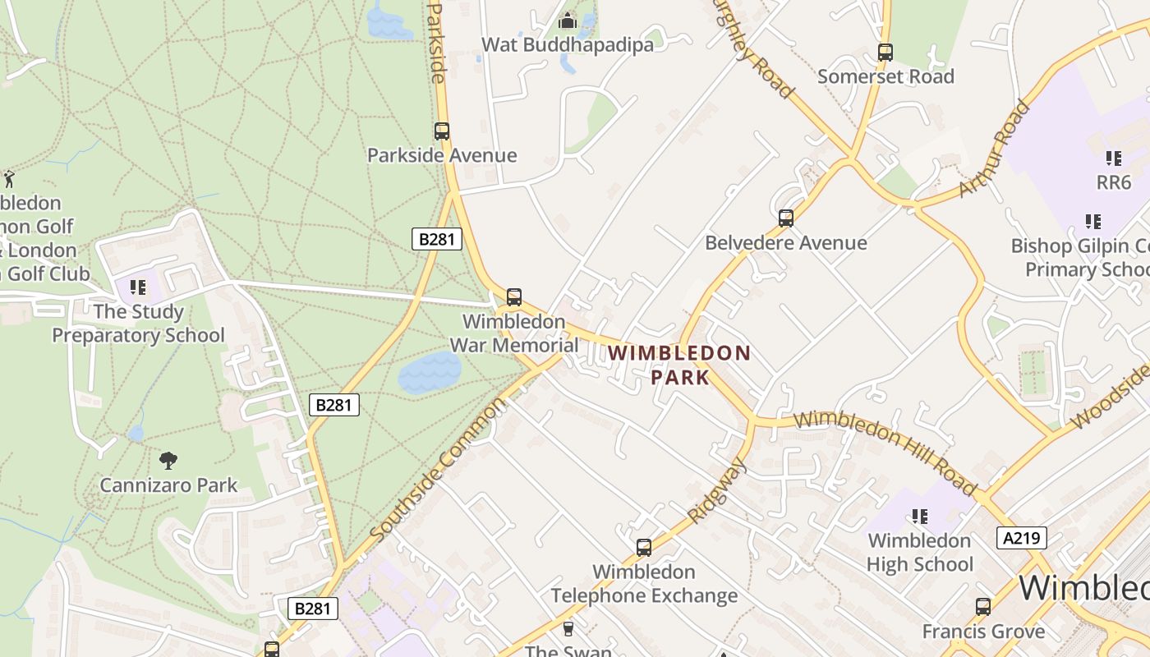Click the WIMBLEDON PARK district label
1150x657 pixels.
click(x=679, y=365)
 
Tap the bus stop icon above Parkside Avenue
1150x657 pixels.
click(x=442, y=131)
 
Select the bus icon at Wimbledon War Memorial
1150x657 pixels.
click(x=514, y=296)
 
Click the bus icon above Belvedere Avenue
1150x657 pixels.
click(x=786, y=218)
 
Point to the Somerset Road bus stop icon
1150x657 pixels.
click(x=885, y=52)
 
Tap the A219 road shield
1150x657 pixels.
click(x=1022, y=538)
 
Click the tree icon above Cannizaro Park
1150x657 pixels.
click(x=168, y=461)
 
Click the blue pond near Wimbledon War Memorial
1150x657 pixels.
click(x=430, y=374)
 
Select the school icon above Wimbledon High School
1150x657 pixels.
click(x=920, y=516)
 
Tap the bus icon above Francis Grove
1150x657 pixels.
click(x=983, y=607)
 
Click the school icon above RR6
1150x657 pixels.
click(x=1114, y=158)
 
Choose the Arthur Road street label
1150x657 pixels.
click(x=994, y=149)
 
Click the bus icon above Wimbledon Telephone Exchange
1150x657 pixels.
click(x=644, y=547)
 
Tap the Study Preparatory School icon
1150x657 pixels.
click(x=138, y=287)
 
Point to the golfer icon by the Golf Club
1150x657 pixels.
click(x=9, y=178)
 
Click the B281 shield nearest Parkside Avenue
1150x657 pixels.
click(x=436, y=239)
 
